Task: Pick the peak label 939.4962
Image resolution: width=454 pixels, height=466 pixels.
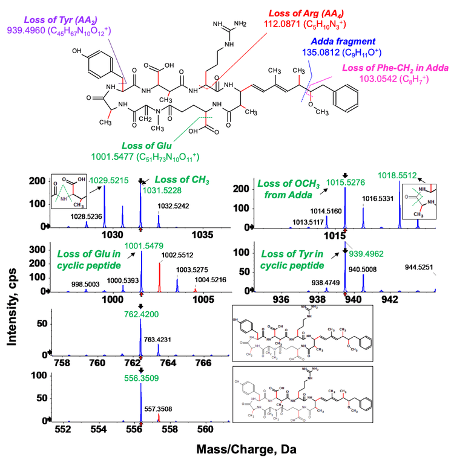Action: [x=365, y=254]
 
